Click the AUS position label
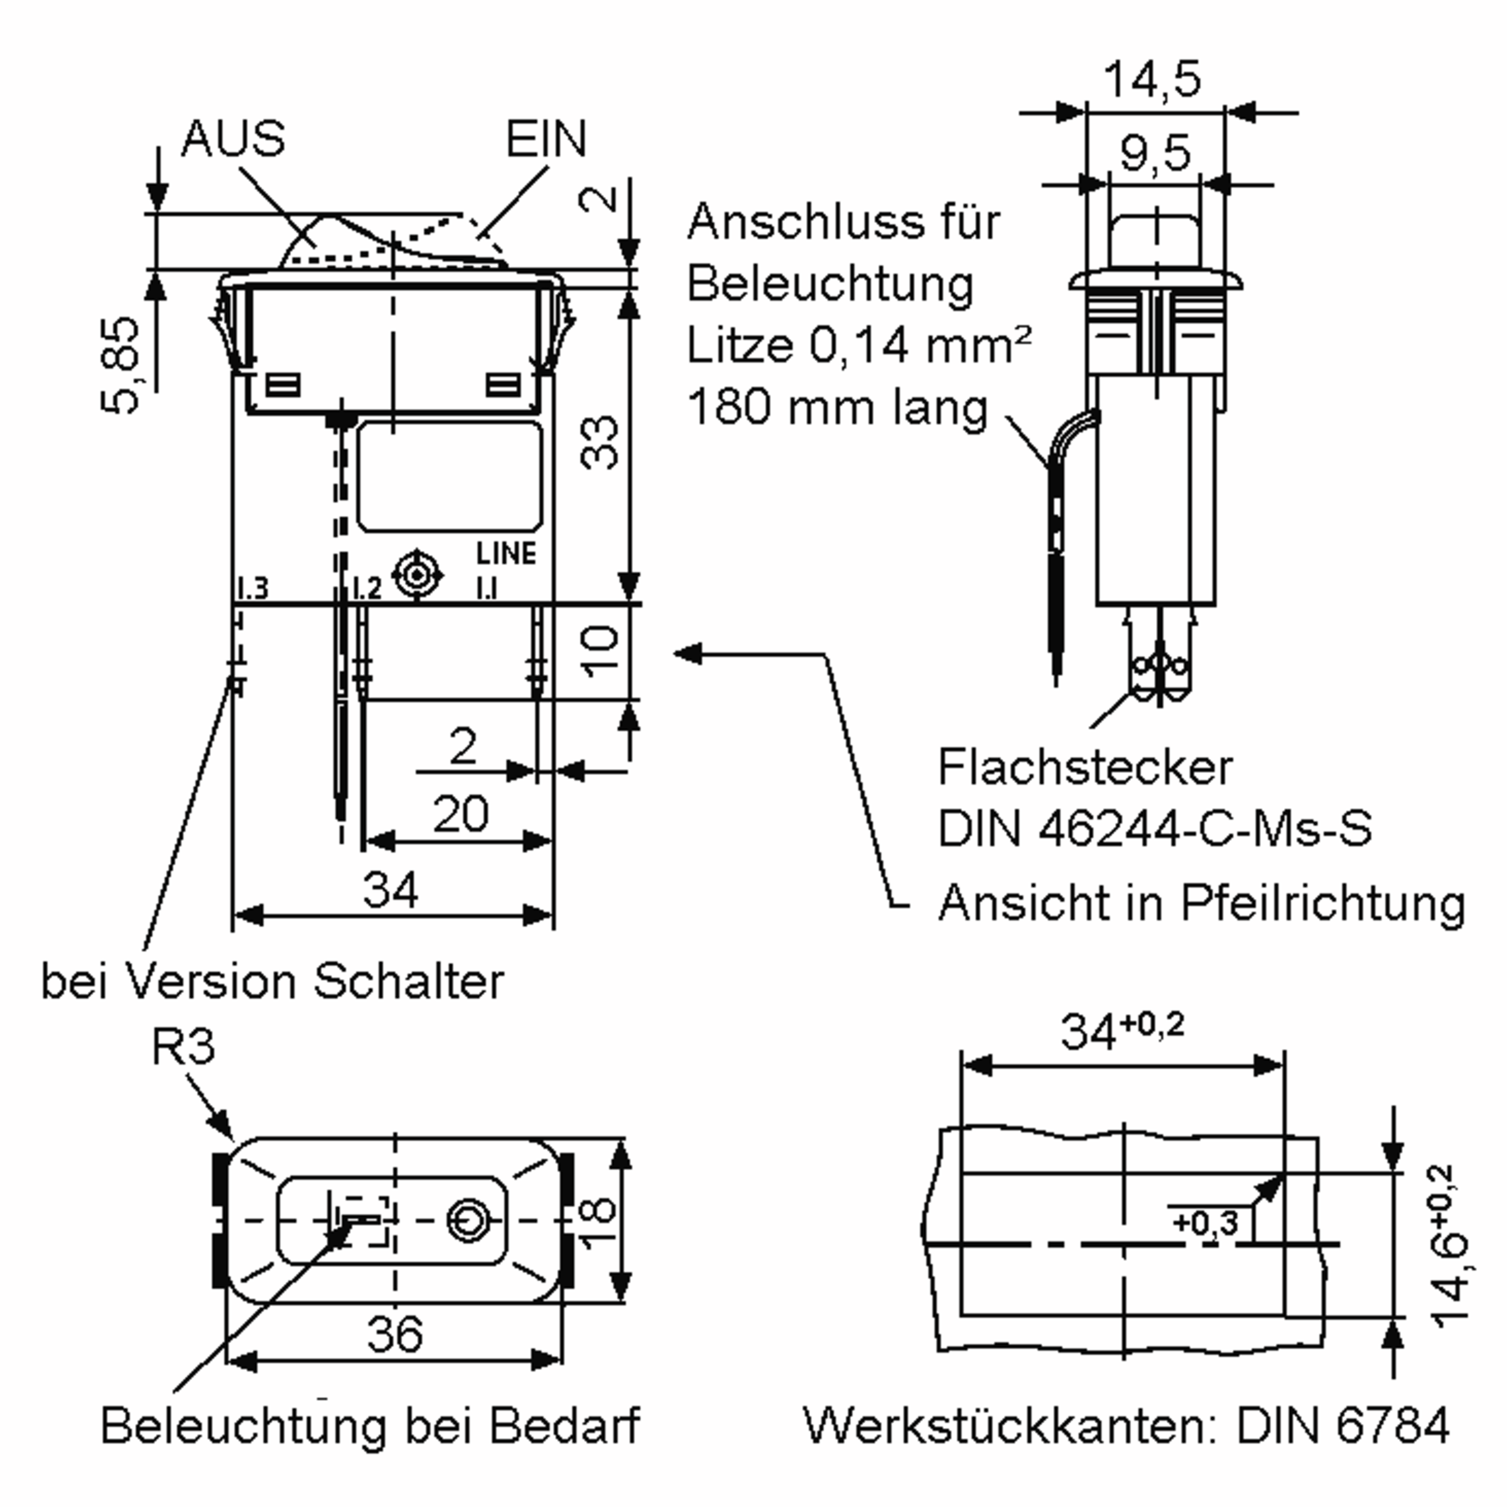[232, 139]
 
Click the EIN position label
[545, 139]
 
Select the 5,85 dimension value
[121, 364]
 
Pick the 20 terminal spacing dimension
[460, 814]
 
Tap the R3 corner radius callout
[183, 1047]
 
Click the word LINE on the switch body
[506, 554]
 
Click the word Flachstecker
[1085, 769]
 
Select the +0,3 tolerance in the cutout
[1205, 1221]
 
